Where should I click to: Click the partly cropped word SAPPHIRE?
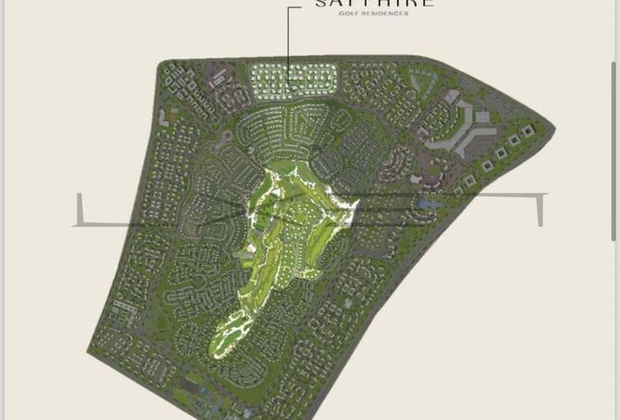coord(374,4)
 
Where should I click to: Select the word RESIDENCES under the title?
coord(384,14)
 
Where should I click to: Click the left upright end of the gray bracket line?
coord(80,208)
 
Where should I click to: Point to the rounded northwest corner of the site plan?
coord(165,67)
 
